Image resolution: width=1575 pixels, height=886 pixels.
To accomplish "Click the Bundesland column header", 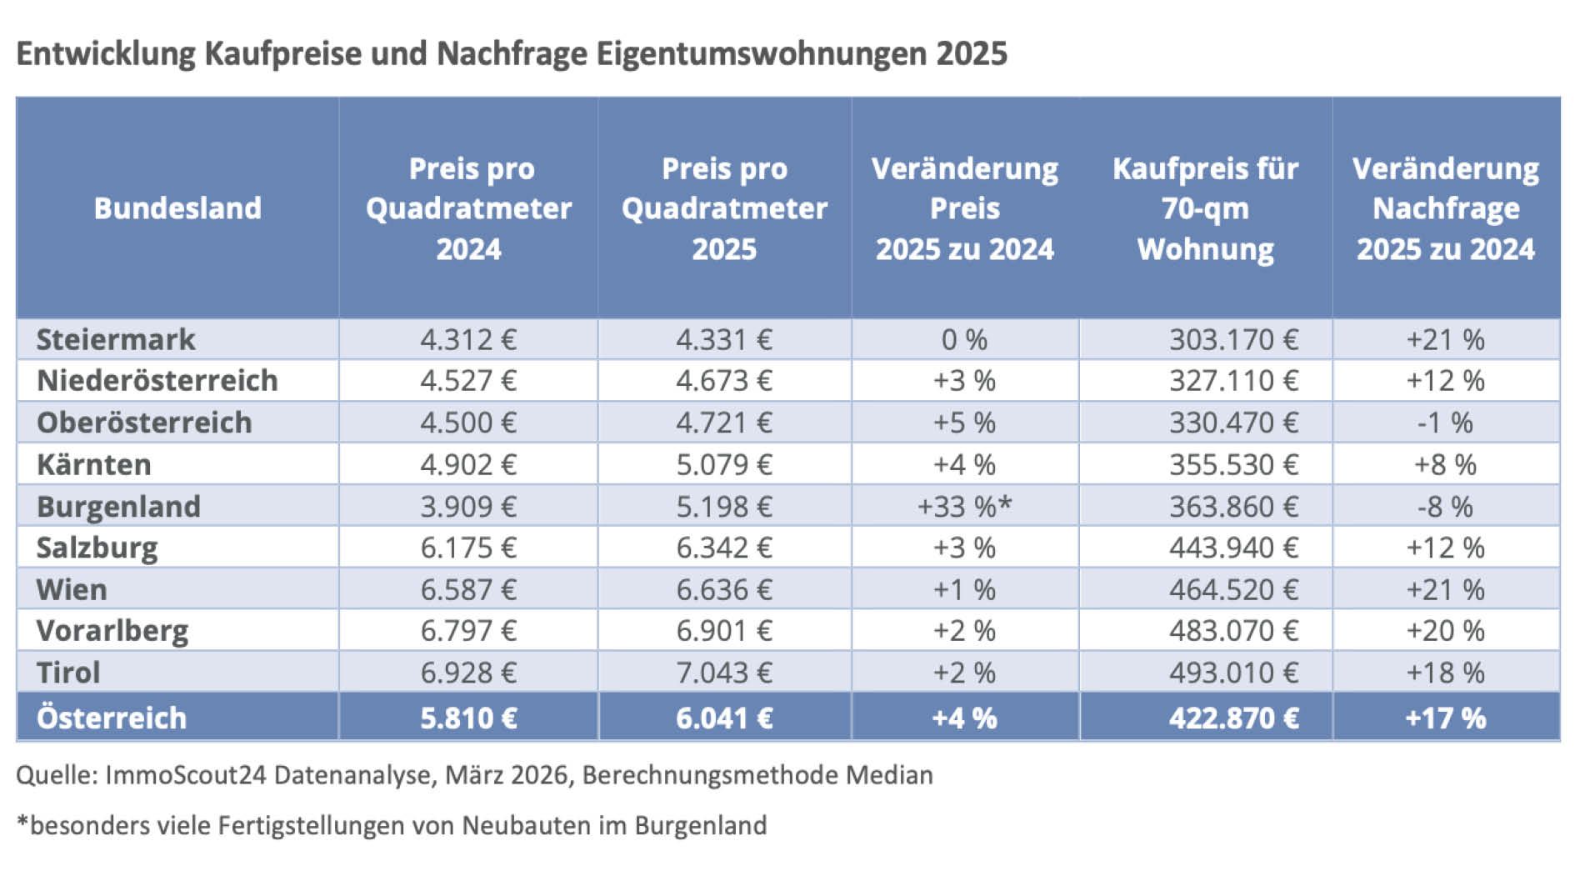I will click(177, 208).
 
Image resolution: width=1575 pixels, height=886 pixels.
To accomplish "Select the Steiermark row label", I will click(115, 339).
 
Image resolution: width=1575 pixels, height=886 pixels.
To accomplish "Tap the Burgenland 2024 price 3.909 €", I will click(467, 506).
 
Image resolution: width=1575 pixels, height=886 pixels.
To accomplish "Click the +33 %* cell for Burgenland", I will click(964, 506).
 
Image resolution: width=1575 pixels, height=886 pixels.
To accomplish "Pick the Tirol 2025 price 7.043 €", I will click(723, 672).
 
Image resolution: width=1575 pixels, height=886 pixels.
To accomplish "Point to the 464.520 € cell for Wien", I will click(1232, 589).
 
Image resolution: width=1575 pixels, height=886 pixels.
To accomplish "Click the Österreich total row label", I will click(112, 718).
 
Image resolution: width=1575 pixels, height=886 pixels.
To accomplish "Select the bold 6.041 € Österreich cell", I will click(723, 718).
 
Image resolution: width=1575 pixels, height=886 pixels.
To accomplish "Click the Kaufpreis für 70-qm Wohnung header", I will click(1205, 208).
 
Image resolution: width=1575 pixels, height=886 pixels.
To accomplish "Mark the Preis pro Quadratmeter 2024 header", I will click(468, 208).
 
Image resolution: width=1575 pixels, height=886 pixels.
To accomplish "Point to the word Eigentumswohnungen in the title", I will click(761, 53).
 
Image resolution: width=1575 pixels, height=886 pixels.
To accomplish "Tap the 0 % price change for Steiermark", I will click(964, 339).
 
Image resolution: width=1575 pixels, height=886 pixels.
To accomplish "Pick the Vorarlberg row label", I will click(112, 631).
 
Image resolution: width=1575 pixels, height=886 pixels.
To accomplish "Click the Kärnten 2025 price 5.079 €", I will click(723, 464).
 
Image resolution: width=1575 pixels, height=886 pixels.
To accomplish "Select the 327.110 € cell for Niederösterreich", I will click(1232, 381).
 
